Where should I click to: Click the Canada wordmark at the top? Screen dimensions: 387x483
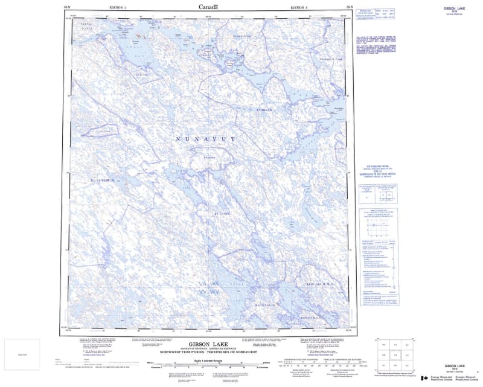pos(208,7)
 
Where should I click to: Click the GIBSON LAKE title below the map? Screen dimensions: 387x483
pos(208,341)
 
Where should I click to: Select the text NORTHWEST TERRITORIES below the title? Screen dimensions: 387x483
pos(182,351)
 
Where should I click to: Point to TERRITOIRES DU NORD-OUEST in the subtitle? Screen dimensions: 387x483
pos(234,351)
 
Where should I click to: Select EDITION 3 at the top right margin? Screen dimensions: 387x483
pos(299,7)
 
